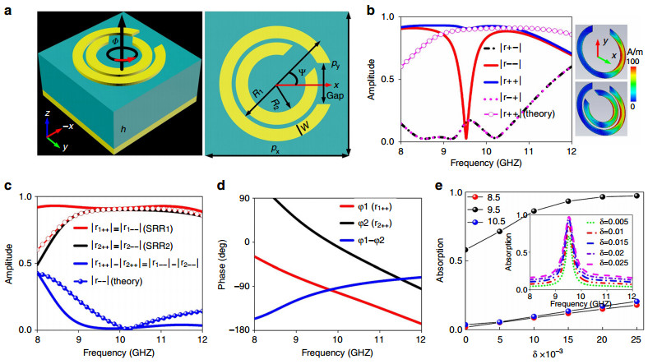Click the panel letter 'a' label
7,11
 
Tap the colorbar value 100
632,60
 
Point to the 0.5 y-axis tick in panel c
28,264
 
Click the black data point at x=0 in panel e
466,250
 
